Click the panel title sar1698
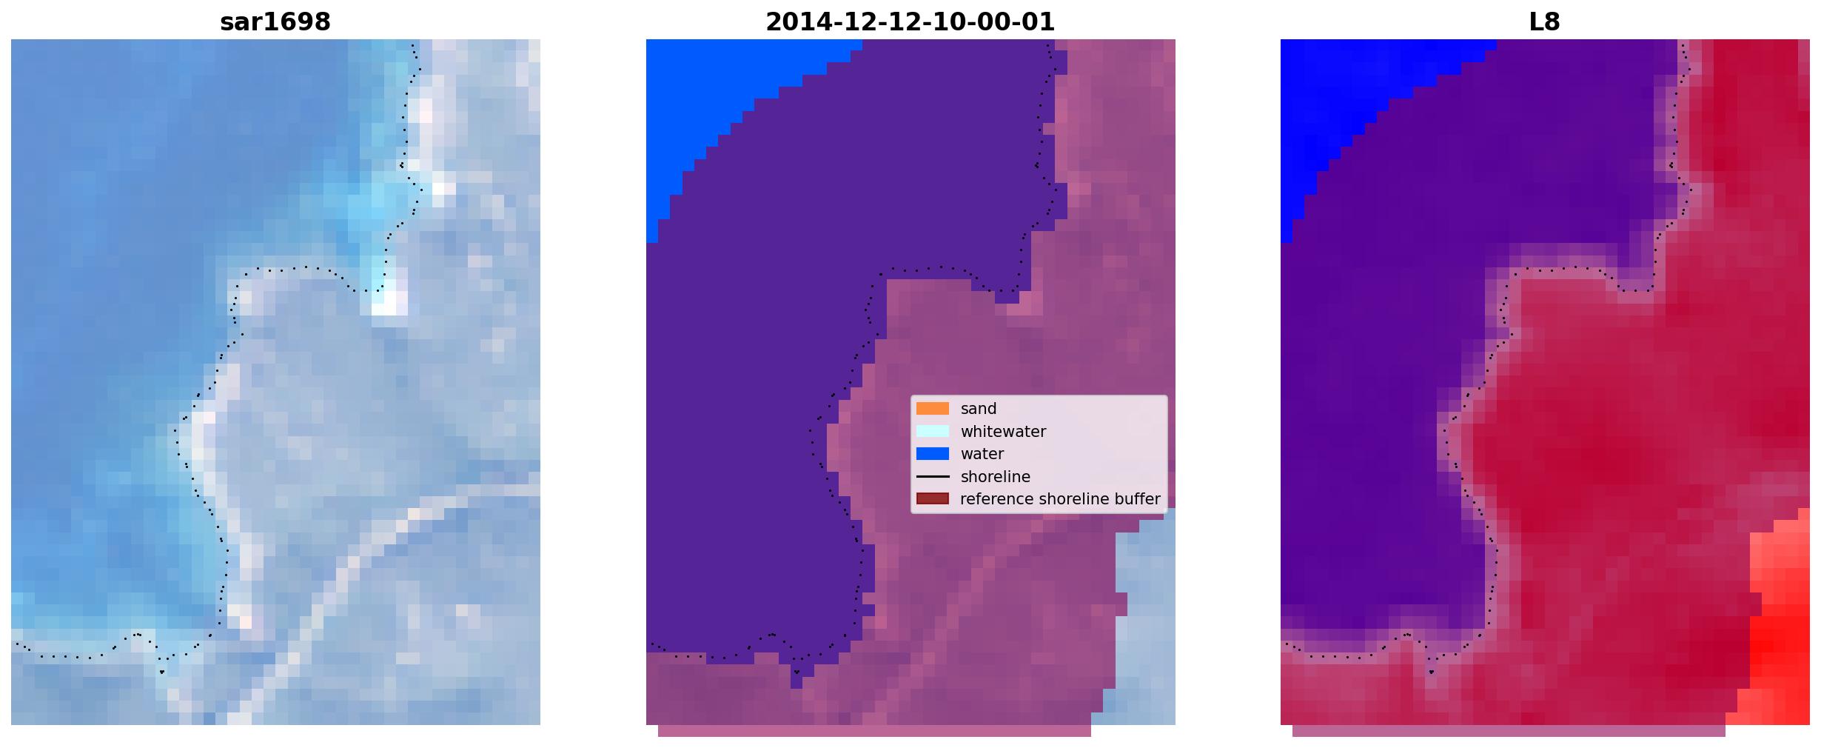tap(275, 22)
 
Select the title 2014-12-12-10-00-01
tap(910, 22)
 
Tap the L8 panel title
tap(1545, 22)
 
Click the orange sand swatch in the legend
tap(933, 409)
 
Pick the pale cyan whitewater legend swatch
tap(933, 431)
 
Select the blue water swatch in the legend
tap(933, 454)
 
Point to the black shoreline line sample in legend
tap(933, 477)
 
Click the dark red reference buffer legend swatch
tap(933, 499)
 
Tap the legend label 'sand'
tap(979, 409)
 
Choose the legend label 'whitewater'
tap(1003, 432)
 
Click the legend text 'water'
tap(982, 454)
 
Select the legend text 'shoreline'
tap(995, 477)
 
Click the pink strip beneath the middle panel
tap(874, 731)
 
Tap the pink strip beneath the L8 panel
tap(1509, 731)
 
